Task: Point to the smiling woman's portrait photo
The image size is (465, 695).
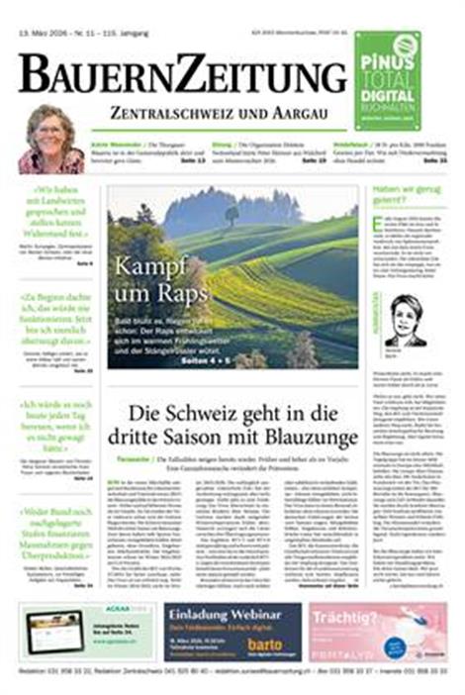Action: pos(51,140)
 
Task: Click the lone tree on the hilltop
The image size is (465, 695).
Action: pos(232,213)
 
